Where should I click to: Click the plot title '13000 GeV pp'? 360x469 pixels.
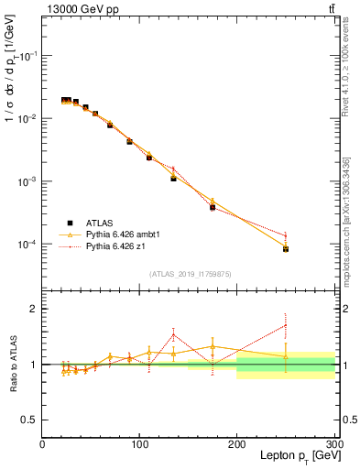click(79, 9)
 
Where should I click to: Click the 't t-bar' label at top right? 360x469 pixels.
click(331, 9)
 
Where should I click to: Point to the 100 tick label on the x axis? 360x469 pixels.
click(139, 444)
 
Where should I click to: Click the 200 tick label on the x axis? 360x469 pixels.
click(237, 444)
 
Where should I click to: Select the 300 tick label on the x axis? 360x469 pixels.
click(333, 444)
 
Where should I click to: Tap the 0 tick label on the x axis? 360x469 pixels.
click(42, 444)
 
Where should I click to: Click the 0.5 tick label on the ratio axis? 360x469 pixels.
click(27, 420)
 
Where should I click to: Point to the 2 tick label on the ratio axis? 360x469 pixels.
click(32, 310)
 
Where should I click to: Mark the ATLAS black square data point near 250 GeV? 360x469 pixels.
click(286, 249)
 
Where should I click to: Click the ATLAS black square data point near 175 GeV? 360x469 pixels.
click(213, 208)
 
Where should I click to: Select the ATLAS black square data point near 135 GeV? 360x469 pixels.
click(173, 179)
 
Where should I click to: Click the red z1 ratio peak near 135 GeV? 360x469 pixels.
click(173, 333)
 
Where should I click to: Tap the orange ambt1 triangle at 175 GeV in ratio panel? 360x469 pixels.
click(213, 347)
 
